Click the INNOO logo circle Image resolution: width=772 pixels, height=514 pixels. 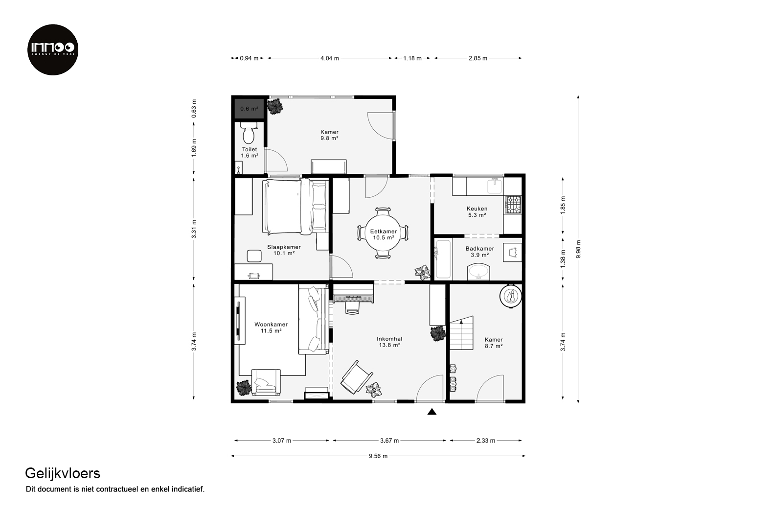(x=53, y=49)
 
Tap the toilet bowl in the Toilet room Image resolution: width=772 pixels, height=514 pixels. (x=248, y=133)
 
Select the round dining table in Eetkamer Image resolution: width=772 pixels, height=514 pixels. (x=383, y=233)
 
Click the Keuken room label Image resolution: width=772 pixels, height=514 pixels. (x=477, y=211)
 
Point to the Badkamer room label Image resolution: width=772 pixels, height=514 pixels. (x=480, y=252)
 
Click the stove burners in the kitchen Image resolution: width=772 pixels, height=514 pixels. (x=513, y=204)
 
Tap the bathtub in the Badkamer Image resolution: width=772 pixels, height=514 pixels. (x=443, y=259)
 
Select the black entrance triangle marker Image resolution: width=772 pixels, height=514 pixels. (x=432, y=412)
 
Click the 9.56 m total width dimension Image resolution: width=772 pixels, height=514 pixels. (x=378, y=456)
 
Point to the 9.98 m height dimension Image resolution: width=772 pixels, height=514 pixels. (x=578, y=249)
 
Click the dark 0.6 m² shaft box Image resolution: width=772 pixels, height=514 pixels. (x=249, y=109)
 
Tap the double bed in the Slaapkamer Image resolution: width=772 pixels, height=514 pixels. (x=295, y=207)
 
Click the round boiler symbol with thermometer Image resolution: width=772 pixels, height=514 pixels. (x=510, y=296)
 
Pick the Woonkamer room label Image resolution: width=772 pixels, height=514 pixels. (x=271, y=327)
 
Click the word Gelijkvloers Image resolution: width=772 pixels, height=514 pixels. (x=63, y=474)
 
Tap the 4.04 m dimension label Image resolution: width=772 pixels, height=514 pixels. (x=329, y=58)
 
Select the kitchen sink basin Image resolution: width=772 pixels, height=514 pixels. (x=495, y=186)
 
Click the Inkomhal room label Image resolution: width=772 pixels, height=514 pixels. (x=389, y=342)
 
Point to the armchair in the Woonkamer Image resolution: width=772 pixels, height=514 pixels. (x=266, y=382)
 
